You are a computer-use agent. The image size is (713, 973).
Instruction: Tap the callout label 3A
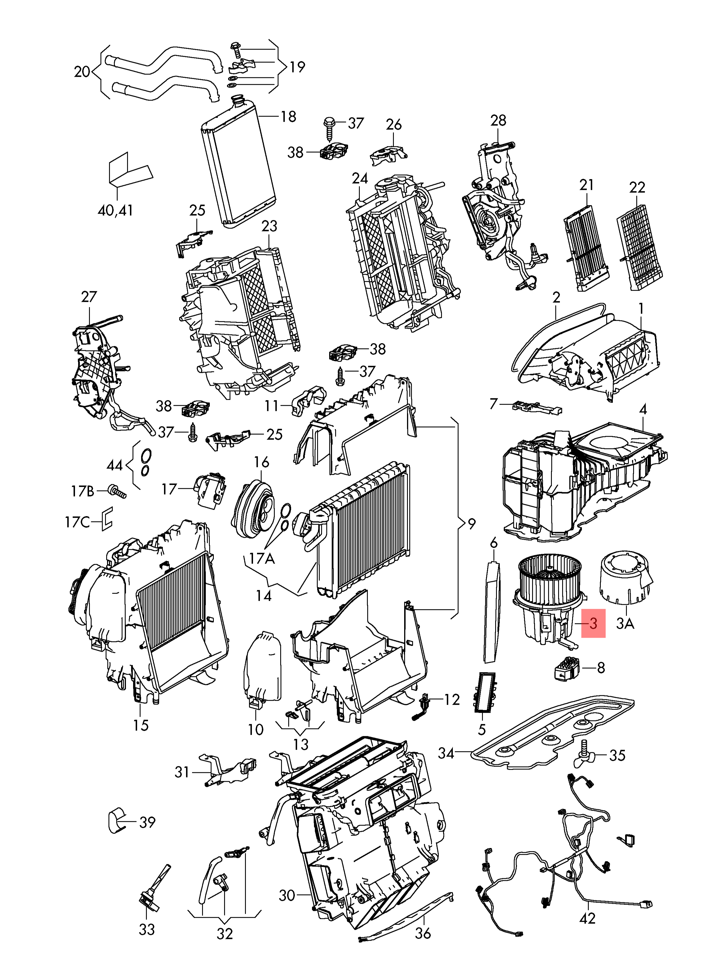pos(625,624)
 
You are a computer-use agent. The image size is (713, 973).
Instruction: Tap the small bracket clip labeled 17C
pos(106,519)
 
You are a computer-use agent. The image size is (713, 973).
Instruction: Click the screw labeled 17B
pos(117,491)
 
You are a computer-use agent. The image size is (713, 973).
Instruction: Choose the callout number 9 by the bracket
pos(472,524)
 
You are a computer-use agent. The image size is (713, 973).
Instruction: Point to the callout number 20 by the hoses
pos(82,71)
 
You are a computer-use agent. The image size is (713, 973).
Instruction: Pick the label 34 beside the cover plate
pos(446,753)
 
